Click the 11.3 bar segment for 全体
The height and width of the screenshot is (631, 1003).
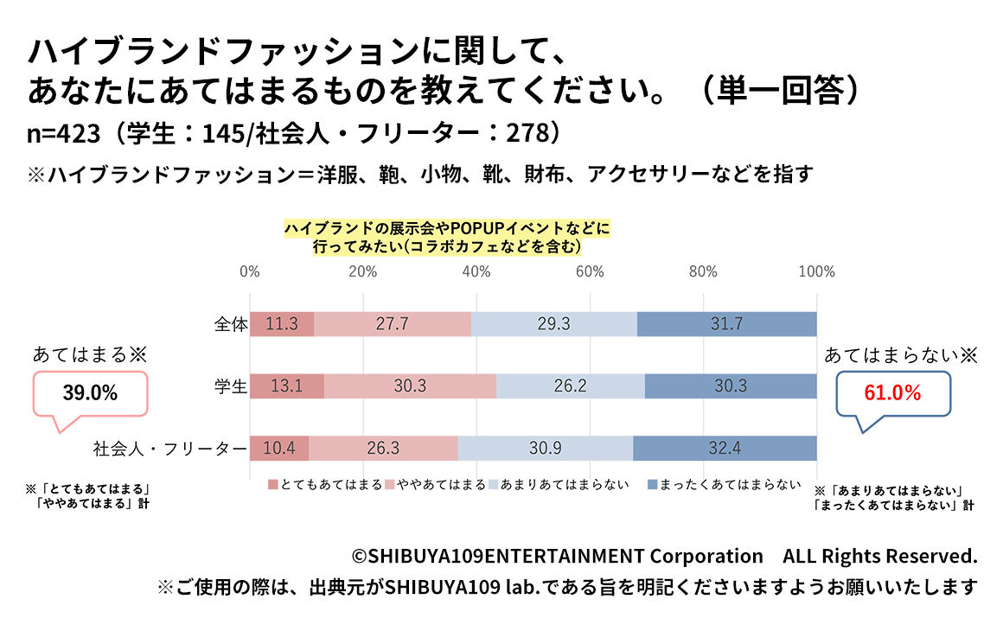(282, 324)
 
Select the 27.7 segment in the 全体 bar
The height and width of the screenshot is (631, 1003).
(393, 324)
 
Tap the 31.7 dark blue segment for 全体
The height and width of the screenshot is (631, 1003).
(726, 324)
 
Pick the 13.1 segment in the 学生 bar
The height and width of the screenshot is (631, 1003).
(287, 386)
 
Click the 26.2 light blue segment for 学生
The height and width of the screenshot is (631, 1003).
(570, 386)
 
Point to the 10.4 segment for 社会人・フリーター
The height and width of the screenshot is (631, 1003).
(279, 449)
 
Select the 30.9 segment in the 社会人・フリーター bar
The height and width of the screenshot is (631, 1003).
(545, 449)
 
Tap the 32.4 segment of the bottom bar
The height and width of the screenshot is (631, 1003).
(725, 449)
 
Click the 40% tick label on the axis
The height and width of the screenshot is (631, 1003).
(476, 271)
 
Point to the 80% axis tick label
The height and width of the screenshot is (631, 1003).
(703, 271)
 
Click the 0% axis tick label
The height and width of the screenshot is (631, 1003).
(250, 271)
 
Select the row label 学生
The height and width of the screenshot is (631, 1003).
(231, 386)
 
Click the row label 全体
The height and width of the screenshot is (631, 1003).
(231, 324)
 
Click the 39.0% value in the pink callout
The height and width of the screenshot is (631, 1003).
(90, 393)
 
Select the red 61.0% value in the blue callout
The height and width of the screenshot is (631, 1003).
(893, 393)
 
